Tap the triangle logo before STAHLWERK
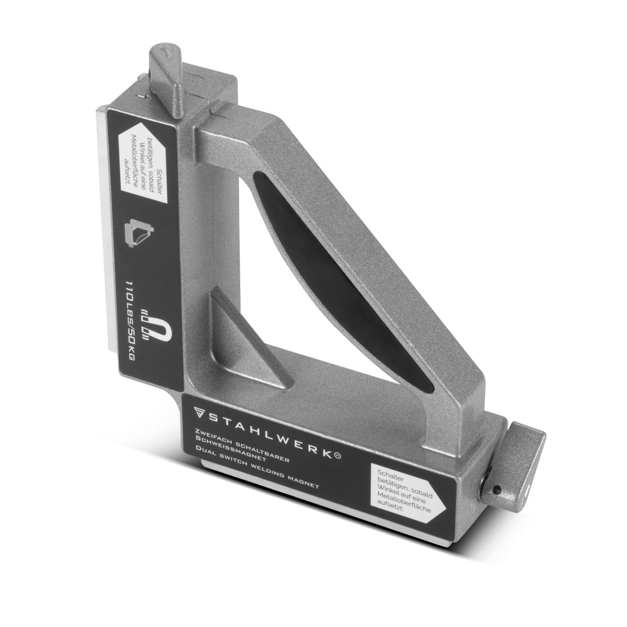tap(198, 411)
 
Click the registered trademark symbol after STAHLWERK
tap(337, 457)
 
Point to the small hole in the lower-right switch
tap(495, 489)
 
